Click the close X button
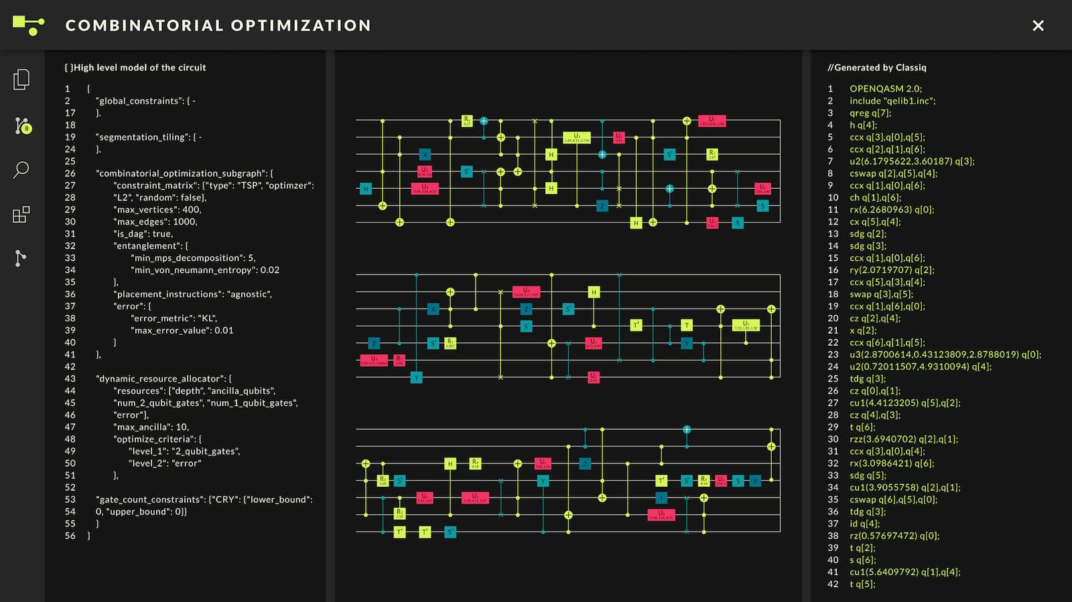coord(1038,25)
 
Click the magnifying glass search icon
coord(21,169)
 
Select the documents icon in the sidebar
coord(21,80)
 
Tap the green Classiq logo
coord(28,25)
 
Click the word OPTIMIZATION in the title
coord(301,25)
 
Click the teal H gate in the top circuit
coord(366,189)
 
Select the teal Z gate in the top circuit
coord(602,206)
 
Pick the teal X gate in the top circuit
coord(425,155)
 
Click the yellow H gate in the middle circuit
coord(594,292)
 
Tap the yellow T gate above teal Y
coord(686,325)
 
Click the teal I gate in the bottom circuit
coord(661,498)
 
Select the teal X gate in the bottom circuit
coord(755,481)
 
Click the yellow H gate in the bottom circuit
coord(450,463)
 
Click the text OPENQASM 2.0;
coord(885,88)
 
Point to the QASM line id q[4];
coord(864,524)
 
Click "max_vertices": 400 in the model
coord(157,210)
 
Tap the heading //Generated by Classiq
coord(876,68)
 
